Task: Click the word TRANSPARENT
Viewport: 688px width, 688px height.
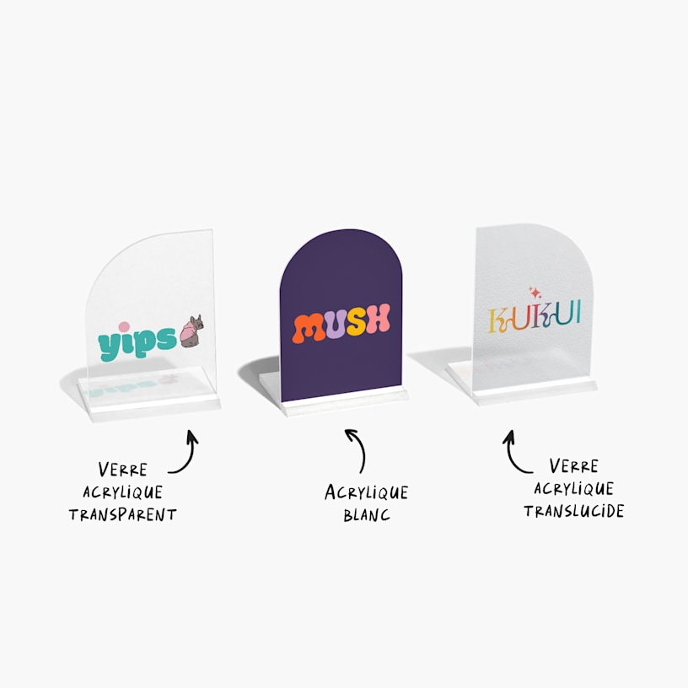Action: (x=123, y=514)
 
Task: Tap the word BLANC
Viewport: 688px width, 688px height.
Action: (x=367, y=514)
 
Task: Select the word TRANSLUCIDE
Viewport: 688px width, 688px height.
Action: (x=574, y=511)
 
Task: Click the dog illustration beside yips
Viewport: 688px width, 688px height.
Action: (x=191, y=331)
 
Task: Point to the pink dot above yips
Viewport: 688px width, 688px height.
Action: (x=124, y=327)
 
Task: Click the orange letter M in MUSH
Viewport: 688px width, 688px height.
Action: (x=309, y=328)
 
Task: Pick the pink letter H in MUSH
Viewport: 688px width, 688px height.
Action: (x=379, y=318)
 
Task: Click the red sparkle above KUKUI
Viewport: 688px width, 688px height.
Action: (x=535, y=293)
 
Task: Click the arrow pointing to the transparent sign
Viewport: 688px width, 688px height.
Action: (x=186, y=452)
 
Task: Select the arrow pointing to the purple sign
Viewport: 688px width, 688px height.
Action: (x=357, y=449)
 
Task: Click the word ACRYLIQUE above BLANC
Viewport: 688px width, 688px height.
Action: (x=367, y=492)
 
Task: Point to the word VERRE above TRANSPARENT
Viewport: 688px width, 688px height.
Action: (x=123, y=470)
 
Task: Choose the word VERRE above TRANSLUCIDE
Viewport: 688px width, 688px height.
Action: (x=574, y=466)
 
